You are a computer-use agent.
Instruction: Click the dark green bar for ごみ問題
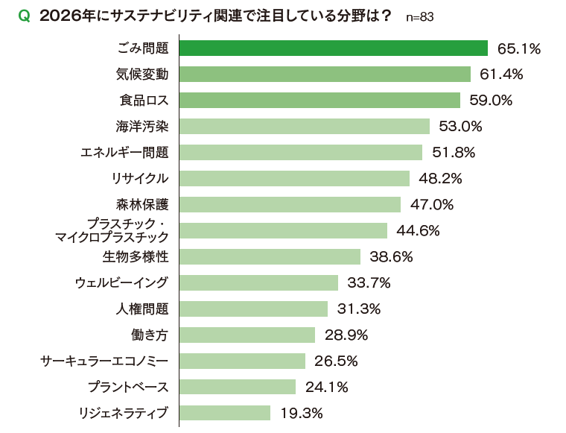(x=333, y=48)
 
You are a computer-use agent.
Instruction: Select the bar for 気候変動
(x=325, y=75)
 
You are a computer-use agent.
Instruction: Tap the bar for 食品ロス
(x=319, y=101)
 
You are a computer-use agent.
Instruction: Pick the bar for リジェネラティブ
(x=225, y=413)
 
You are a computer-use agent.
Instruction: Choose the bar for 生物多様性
(x=270, y=256)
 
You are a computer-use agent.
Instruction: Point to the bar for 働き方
(x=247, y=335)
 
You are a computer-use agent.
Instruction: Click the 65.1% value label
(x=518, y=49)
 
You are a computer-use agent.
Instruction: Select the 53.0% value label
(x=460, y=127)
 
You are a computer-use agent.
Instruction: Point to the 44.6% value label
(x=418, y=231)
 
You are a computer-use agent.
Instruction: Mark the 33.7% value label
(x=369, y=283)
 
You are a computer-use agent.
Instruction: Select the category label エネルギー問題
(x=124, y=153)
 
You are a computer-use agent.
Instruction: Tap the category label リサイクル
(x=139, y=179)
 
